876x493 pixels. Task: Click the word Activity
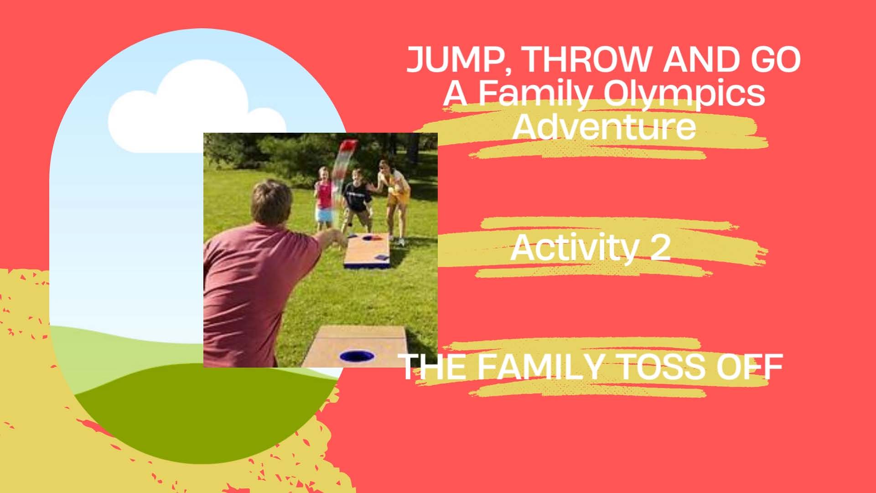tap(574, 249)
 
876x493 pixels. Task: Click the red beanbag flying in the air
tap(348, 147)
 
